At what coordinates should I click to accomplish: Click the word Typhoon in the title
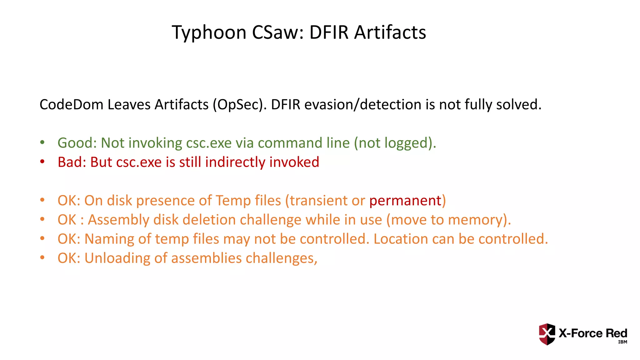209,32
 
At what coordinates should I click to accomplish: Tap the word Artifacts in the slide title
390,32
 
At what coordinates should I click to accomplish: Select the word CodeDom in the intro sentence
71,104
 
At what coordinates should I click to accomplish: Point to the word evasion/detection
363,104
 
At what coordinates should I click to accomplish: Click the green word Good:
77,143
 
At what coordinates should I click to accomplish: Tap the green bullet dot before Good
42,143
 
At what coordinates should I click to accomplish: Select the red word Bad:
72,162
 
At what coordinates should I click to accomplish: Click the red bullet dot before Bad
42,162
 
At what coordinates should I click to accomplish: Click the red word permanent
405,201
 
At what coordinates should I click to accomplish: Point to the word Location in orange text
401,239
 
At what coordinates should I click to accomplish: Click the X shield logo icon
547,334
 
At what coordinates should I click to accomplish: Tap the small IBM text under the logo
622,342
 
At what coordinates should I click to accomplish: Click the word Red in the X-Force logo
616,333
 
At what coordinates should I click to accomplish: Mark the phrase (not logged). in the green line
395,143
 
